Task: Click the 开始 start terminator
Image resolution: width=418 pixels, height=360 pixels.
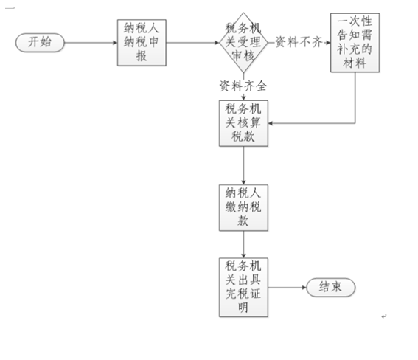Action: (40, 42)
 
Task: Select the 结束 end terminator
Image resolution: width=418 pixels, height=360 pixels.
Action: (331, 288)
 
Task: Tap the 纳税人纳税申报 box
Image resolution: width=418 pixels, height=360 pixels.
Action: (142, 43)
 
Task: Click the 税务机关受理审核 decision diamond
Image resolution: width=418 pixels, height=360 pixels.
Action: (243, 42)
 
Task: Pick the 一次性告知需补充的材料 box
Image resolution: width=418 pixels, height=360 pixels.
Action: (355, 43)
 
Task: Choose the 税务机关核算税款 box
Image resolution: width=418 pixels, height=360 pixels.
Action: (243, 123)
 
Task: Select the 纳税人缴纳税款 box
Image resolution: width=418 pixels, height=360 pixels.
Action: (243, 207)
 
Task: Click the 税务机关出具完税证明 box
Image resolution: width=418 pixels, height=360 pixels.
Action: (243, 288)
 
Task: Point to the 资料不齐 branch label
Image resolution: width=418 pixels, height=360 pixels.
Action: (299, 42)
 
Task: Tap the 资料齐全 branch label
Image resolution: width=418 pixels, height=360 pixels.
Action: (243, 86)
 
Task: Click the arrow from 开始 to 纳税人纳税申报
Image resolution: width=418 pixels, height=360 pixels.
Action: (91, 43)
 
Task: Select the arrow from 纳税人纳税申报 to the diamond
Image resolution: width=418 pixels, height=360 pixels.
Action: (192, 43)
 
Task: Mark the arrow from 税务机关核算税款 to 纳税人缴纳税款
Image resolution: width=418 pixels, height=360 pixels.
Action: (243, 165)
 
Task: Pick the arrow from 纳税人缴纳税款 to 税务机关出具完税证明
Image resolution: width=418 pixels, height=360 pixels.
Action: (243, 244)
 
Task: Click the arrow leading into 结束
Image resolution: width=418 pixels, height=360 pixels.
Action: (287, 288)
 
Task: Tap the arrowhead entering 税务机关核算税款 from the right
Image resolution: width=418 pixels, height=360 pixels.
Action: (270, 123)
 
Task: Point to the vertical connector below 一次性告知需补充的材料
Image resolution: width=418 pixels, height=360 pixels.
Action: (355, 97)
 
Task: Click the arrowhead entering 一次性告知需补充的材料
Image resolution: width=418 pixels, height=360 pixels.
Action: (329, 43)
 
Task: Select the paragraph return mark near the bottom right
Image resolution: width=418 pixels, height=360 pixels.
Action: (384, 316)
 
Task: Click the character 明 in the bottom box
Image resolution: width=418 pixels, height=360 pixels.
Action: (243, 308)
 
